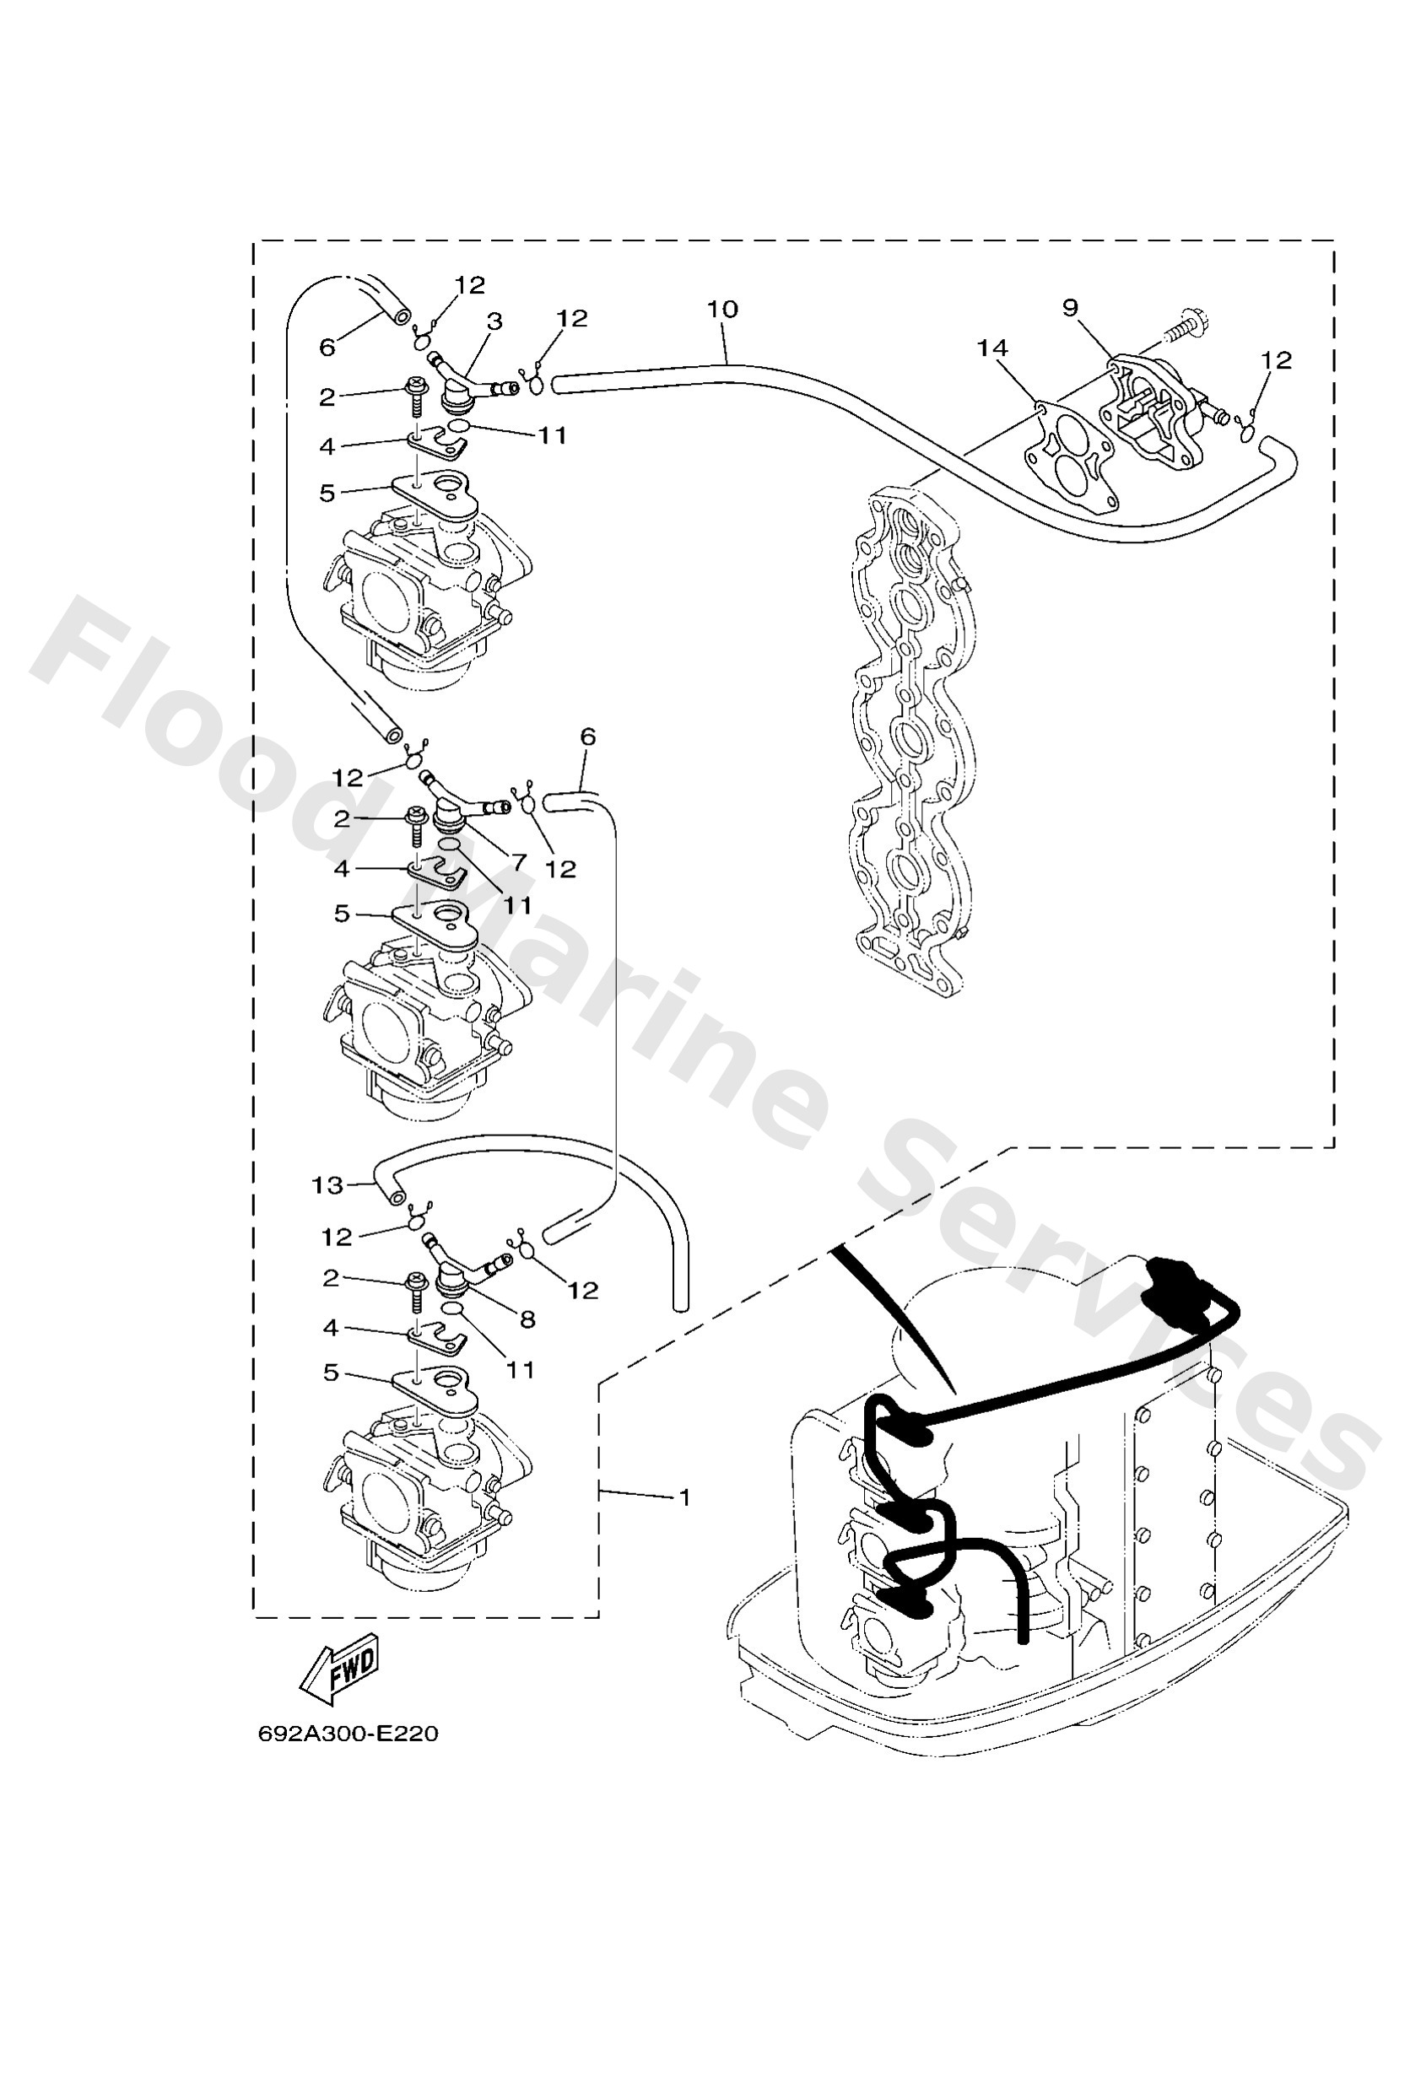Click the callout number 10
coord(721,309)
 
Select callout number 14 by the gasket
coord(992,348)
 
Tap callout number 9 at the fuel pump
coord(1070,308)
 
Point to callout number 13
coord(327,1185)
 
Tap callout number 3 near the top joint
coord(494,321)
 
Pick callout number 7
coord(519,862)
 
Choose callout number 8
coord(528,1319)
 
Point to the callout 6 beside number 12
coord(327,346)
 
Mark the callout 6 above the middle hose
coord(587,736)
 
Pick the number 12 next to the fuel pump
coord(1276,360)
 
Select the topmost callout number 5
coord(327,493)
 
